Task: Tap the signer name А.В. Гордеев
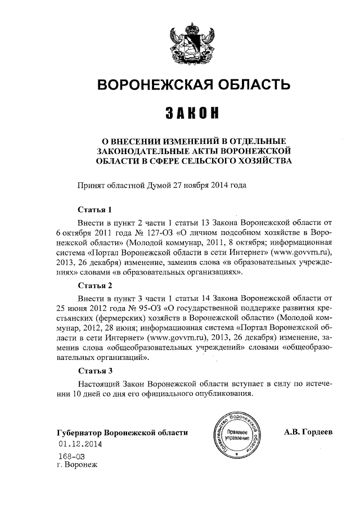(x=309, y=431)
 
